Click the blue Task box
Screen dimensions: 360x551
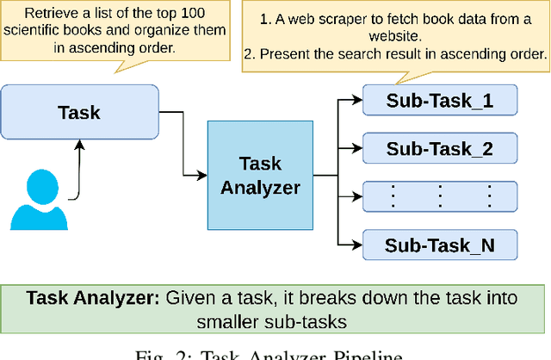[x=79, y=112]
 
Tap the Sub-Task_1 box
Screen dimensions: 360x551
[x=439, y=101]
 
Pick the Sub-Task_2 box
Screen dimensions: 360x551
[x=439, y=148]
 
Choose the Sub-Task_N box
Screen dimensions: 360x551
[x=439, y=245]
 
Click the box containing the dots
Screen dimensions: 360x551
[x=439, y=197]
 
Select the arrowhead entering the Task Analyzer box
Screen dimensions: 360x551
[x=202, y=175]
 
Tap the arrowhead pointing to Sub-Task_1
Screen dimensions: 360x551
[x=357, y=101]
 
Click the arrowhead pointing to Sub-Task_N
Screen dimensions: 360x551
[x=357, y=245]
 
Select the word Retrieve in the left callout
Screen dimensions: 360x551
[x=51, y=15]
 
